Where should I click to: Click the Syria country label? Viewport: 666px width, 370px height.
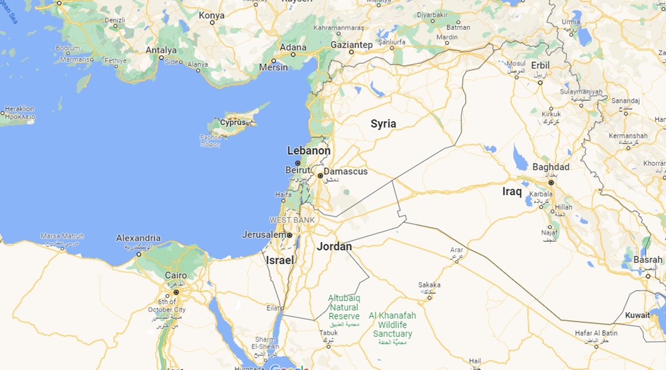click(383, 124)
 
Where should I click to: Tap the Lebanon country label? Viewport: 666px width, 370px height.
click(309, 151)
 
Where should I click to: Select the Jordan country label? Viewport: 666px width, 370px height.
click(334, 246)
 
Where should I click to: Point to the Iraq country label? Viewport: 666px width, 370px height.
click(512, 191)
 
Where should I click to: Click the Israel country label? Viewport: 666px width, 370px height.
click(280, 260)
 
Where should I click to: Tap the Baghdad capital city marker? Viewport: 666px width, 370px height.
click(551, 182)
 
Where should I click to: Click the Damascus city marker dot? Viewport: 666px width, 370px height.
click(320, 176)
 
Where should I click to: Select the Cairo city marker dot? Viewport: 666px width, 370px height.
click(176, 292)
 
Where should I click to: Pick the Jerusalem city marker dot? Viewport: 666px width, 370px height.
click(290, 235)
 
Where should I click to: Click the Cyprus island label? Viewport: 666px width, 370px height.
click(233, 122)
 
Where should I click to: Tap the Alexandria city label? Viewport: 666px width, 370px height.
click(138, 238)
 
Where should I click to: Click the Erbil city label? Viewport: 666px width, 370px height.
click(541, 65)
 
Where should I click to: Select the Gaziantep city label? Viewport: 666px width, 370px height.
click(351, 44)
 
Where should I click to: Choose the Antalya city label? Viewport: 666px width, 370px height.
click(161, 50)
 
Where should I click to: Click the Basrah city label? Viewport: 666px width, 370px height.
click(648, 260)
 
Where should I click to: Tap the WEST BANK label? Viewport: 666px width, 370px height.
click(292, 220)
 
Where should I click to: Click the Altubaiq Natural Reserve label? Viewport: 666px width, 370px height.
click(344, 307)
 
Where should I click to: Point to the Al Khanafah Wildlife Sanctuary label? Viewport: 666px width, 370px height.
click(392, 325)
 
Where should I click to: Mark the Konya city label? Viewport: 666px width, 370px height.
click(211, 16)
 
